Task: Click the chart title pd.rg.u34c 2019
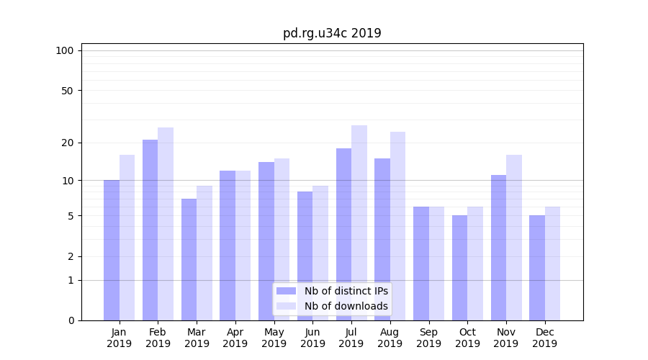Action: point(332,33)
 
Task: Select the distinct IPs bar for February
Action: point(150,230)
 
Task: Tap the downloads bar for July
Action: point(359,223)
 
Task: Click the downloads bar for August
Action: point(397,226)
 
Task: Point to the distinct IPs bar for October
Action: point(459,268)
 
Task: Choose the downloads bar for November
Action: point(514,238)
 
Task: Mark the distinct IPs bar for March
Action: point(189,259)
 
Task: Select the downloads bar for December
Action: point(552,264)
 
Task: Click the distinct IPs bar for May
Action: point(266,241)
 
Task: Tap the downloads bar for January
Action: point(127,238)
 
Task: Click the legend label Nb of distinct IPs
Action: point(346,291)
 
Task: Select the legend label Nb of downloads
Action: point(346,306)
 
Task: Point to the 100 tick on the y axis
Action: point(65,50)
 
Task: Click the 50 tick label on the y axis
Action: point(68,91)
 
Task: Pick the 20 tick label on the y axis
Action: point(68,143)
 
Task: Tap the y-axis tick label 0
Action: point(71,320)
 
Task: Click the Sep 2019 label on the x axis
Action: point(428,338)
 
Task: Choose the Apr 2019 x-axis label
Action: point(235,338)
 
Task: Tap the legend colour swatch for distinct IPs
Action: point(286,291)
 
